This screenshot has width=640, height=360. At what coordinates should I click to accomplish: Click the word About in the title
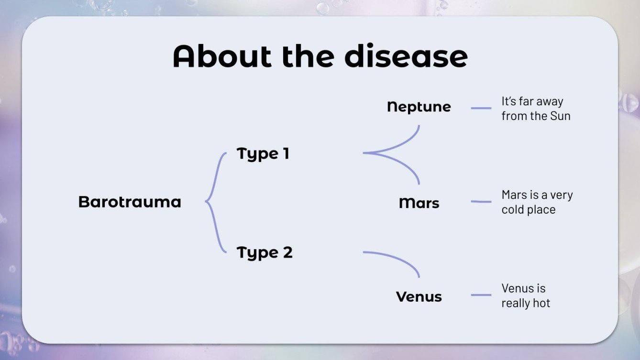coord(223,57)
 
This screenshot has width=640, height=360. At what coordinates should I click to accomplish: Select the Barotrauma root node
coord(130,202)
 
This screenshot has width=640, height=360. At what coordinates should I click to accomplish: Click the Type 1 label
coord(263,154)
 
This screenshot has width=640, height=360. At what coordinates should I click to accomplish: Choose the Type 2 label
coord(265,252)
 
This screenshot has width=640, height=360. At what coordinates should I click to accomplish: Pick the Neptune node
coord(419,107)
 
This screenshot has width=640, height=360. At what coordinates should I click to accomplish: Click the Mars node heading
coord(419,203)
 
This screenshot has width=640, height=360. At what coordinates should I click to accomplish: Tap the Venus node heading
coord(419,297)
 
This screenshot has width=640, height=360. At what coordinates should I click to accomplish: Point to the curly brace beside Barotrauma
coord(215,202)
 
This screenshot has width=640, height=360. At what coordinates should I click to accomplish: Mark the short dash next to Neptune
coord(481,108)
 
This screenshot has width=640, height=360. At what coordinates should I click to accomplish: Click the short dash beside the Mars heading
coord(481,202)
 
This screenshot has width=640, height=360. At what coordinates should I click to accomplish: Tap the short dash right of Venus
coord(481,295)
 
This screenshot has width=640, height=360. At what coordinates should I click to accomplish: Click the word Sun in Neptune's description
coord(560,116)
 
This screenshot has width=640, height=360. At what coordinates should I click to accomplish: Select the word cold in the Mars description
coord(513,210)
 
